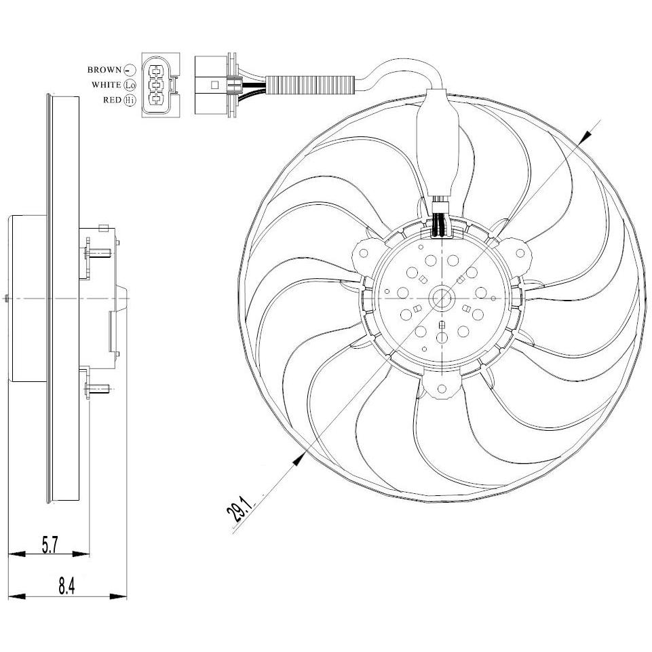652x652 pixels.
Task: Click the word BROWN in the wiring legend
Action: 104,70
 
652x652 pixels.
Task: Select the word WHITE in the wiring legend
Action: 107,85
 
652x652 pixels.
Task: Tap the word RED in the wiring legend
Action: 112,100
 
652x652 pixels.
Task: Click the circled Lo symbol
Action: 130,85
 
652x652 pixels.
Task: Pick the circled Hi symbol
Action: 130,100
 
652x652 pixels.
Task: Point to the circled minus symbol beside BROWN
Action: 130,70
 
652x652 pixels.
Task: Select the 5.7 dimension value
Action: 50,545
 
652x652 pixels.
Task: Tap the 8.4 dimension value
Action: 66,587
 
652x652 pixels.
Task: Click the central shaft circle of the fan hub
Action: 441,298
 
